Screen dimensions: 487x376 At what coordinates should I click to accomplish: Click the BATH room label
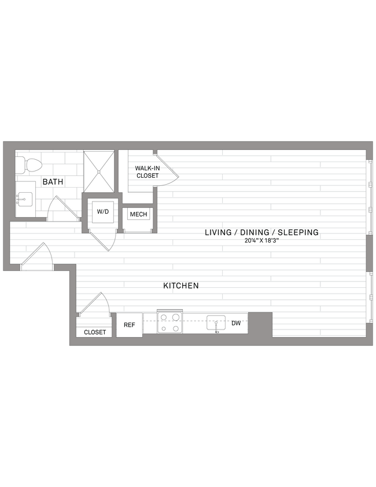(x=53, y=182)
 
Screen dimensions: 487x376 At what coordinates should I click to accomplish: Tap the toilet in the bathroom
(x=30, y=166)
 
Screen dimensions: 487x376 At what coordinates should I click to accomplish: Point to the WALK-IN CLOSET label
(x=147, y=171)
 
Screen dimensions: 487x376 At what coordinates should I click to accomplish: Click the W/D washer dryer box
(x=103, y=212)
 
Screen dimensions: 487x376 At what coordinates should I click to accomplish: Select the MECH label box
(x=138, y=214)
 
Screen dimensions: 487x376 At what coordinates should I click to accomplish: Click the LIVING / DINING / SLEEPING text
(x=261, y=233)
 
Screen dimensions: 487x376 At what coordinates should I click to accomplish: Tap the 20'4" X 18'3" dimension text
(x=261, y=241)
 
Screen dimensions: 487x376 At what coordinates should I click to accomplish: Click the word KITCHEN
(x=180, y=285)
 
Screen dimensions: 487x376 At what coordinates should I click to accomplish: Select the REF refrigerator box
(x=129, y=325)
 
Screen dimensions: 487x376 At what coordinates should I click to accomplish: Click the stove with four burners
(x=169, y=323)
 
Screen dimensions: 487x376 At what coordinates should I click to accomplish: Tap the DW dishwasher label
(x=236, y=323)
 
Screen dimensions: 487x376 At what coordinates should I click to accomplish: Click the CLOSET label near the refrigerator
(x=95, y=332)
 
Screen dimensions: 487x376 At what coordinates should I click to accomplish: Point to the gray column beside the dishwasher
(x=260, y=323)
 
